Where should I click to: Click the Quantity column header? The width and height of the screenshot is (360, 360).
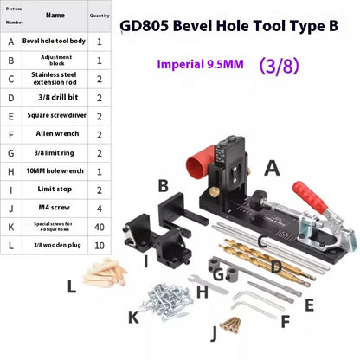click(x=100, y=16)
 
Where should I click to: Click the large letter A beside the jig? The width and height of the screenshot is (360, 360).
click(x=272, y=168)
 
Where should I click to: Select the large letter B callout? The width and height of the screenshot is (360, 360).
click(x=162, y=184)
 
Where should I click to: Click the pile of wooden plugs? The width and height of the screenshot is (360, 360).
click(x=107, y=280)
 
